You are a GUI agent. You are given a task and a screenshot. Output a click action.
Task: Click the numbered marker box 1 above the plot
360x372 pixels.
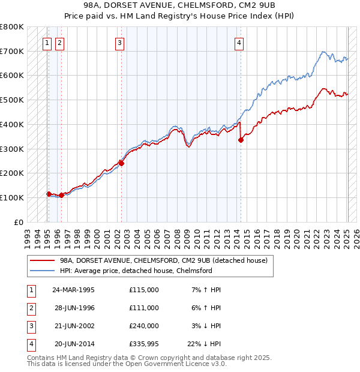(x=47, y=43)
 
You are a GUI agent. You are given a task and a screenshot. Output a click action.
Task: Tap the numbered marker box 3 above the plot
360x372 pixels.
(x=120, y=43)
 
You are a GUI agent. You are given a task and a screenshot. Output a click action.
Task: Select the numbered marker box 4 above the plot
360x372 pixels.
(x=239, y=43)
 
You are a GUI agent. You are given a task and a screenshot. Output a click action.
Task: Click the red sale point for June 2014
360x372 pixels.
(x=241, y=140)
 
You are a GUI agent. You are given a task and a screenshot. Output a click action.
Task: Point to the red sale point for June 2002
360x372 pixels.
(x=121, y=163)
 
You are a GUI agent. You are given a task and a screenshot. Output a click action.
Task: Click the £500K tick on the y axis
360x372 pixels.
(x=13, y=100)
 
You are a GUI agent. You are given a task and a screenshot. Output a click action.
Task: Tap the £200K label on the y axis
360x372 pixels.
(x=13, y=173)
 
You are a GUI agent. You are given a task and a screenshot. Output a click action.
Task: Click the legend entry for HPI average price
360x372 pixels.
(x=136, y=271)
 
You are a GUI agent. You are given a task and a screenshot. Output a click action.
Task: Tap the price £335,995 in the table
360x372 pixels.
(x=144, y=344)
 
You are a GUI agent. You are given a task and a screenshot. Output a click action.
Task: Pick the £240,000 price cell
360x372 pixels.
(x=144, y=326)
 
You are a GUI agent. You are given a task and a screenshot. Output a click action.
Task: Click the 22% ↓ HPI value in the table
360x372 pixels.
(x=204, y=344)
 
